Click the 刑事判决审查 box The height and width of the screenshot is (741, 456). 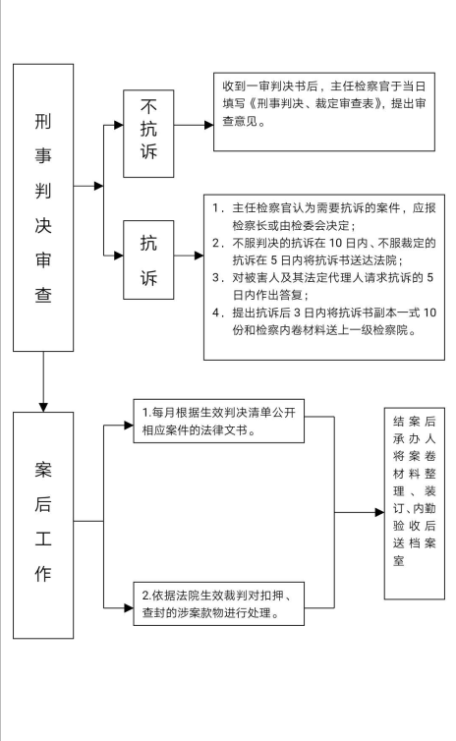[43, 207]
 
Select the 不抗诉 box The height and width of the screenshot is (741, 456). [148, 134]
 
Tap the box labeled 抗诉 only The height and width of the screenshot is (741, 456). [148, 259]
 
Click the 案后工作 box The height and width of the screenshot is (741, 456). [43, 525]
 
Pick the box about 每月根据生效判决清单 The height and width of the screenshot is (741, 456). [218, 421]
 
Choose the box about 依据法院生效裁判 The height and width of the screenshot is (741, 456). [218, 604]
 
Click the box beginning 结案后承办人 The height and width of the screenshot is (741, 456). [415, 503]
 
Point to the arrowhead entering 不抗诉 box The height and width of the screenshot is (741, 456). [119, 125]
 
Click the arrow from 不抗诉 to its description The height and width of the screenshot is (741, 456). [194, 125]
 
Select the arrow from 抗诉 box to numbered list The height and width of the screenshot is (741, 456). [189, 256]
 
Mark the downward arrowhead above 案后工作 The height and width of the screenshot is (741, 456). [43, 408]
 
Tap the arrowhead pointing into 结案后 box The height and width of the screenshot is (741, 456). [379, 512]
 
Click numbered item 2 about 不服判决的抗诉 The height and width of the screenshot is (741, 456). [324, 252]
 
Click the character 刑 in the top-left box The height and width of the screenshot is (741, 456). [43, 121]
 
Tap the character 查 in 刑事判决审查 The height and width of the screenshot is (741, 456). [43, 295]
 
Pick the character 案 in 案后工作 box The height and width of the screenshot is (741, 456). [43, 470]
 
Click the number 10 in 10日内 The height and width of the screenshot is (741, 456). [335, 244]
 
